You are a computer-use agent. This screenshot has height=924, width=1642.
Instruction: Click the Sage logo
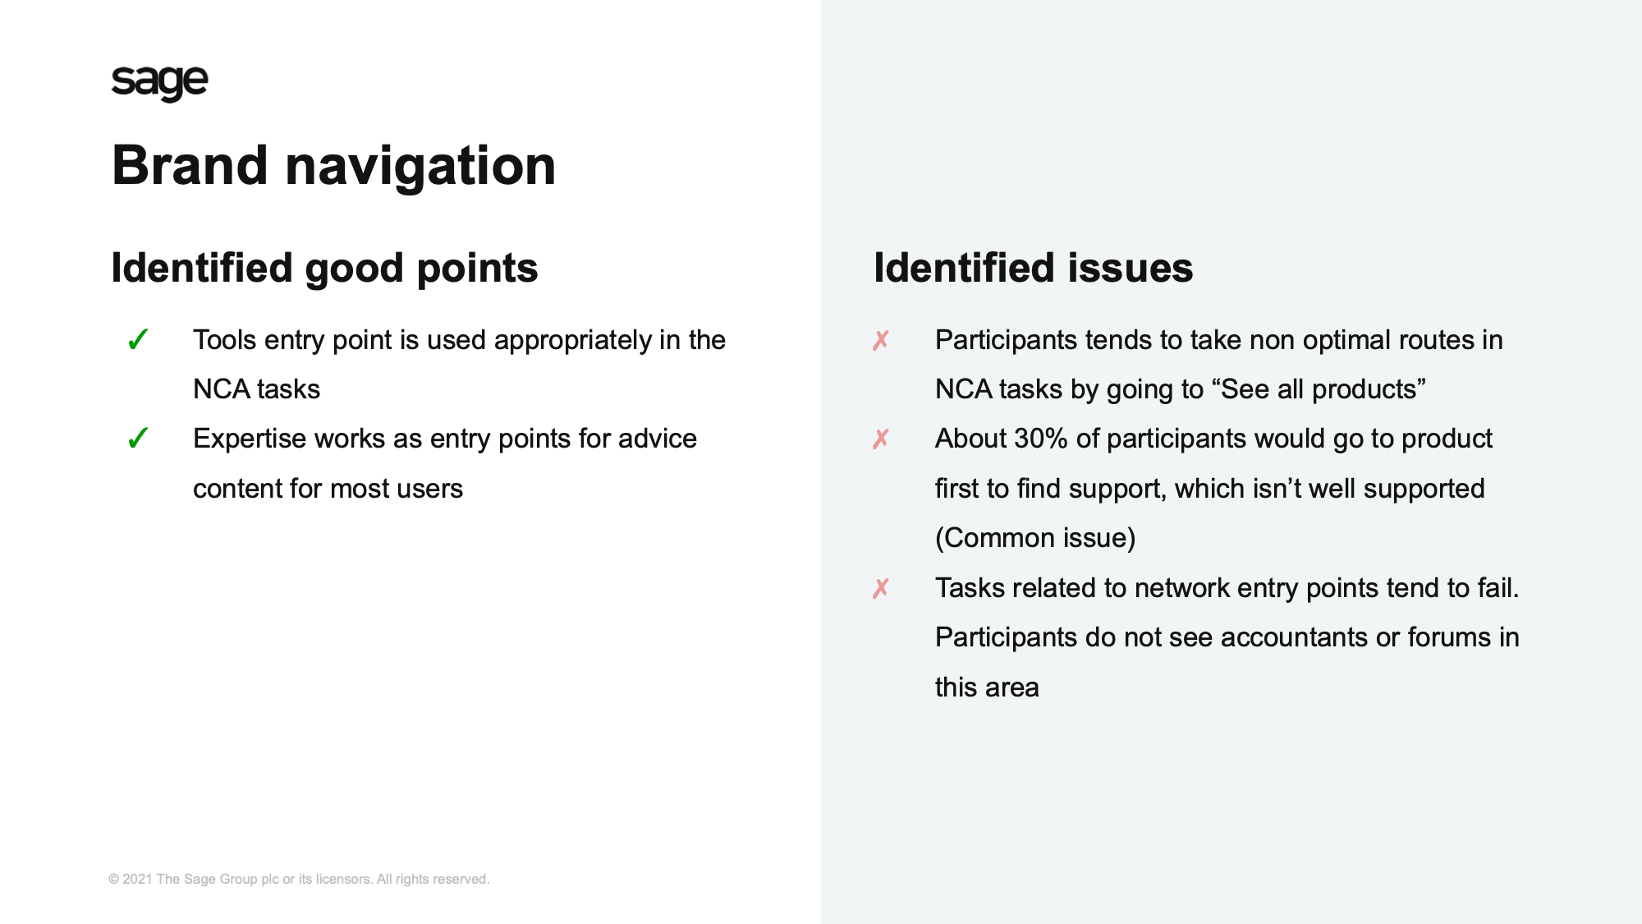coord(159,83)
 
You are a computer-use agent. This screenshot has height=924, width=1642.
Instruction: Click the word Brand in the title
coord(190,165)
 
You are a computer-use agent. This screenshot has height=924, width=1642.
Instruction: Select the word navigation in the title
coord(420,168)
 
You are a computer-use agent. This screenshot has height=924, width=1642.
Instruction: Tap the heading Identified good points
coord(324,269)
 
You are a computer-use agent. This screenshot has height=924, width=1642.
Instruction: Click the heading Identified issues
coord(1033,268)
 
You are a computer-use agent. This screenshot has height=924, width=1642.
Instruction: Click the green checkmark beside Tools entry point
coord(138,339)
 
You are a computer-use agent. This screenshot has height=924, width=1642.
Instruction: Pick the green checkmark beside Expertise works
coord(138,439)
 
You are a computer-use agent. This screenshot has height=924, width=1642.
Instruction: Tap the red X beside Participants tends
coord(881,340)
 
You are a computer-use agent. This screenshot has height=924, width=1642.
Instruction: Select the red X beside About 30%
coord(881,439)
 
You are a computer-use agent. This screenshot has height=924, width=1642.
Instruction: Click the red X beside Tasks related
coord(881,588)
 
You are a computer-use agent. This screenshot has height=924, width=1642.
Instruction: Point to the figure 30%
coord(1040,439)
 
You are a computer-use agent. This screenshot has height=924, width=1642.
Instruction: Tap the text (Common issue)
coord(1035,538)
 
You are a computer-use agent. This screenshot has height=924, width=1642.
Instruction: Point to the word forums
coord(1446,637)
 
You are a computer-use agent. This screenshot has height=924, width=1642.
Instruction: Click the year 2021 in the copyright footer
coord(137,879)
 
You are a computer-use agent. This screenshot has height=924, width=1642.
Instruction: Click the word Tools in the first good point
coord(224,340)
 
